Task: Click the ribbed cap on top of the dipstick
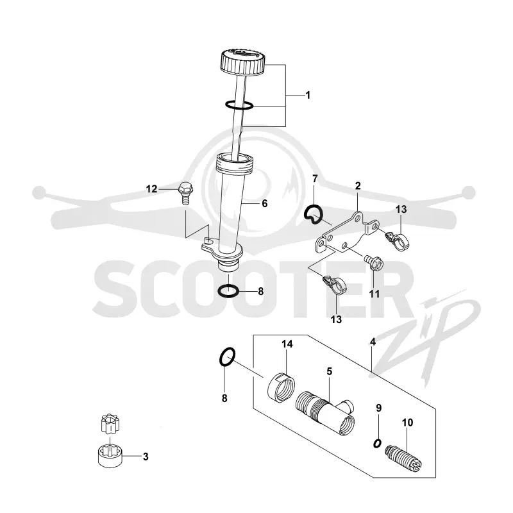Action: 242,61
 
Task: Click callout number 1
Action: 308,95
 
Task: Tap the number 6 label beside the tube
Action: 265,203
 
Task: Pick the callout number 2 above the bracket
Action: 358,186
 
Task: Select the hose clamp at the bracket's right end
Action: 396,240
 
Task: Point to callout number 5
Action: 329,371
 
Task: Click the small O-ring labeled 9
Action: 377,444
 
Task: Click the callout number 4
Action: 373,342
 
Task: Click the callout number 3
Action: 146,457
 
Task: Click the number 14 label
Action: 287,344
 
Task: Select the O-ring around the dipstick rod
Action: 239,105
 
